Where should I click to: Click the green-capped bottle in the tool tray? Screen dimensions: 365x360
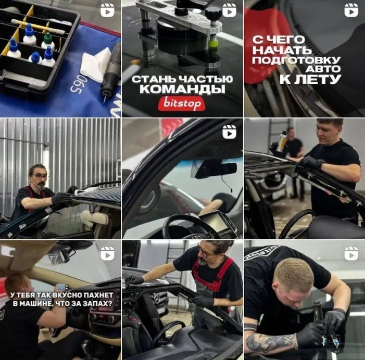47,42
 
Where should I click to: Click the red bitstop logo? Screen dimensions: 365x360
181,104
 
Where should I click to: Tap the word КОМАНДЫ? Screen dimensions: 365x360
182,89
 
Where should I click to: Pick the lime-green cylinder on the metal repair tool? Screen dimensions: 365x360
213,44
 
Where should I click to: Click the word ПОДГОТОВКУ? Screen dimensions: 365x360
296,60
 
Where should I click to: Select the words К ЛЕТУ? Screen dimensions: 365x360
310,80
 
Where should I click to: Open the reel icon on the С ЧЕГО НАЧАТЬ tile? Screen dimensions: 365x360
351,10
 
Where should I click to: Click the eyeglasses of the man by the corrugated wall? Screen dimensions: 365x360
40,176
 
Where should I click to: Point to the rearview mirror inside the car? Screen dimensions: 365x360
213,169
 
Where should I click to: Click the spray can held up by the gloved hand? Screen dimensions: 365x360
282,142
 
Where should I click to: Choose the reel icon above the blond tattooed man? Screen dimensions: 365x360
351,253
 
